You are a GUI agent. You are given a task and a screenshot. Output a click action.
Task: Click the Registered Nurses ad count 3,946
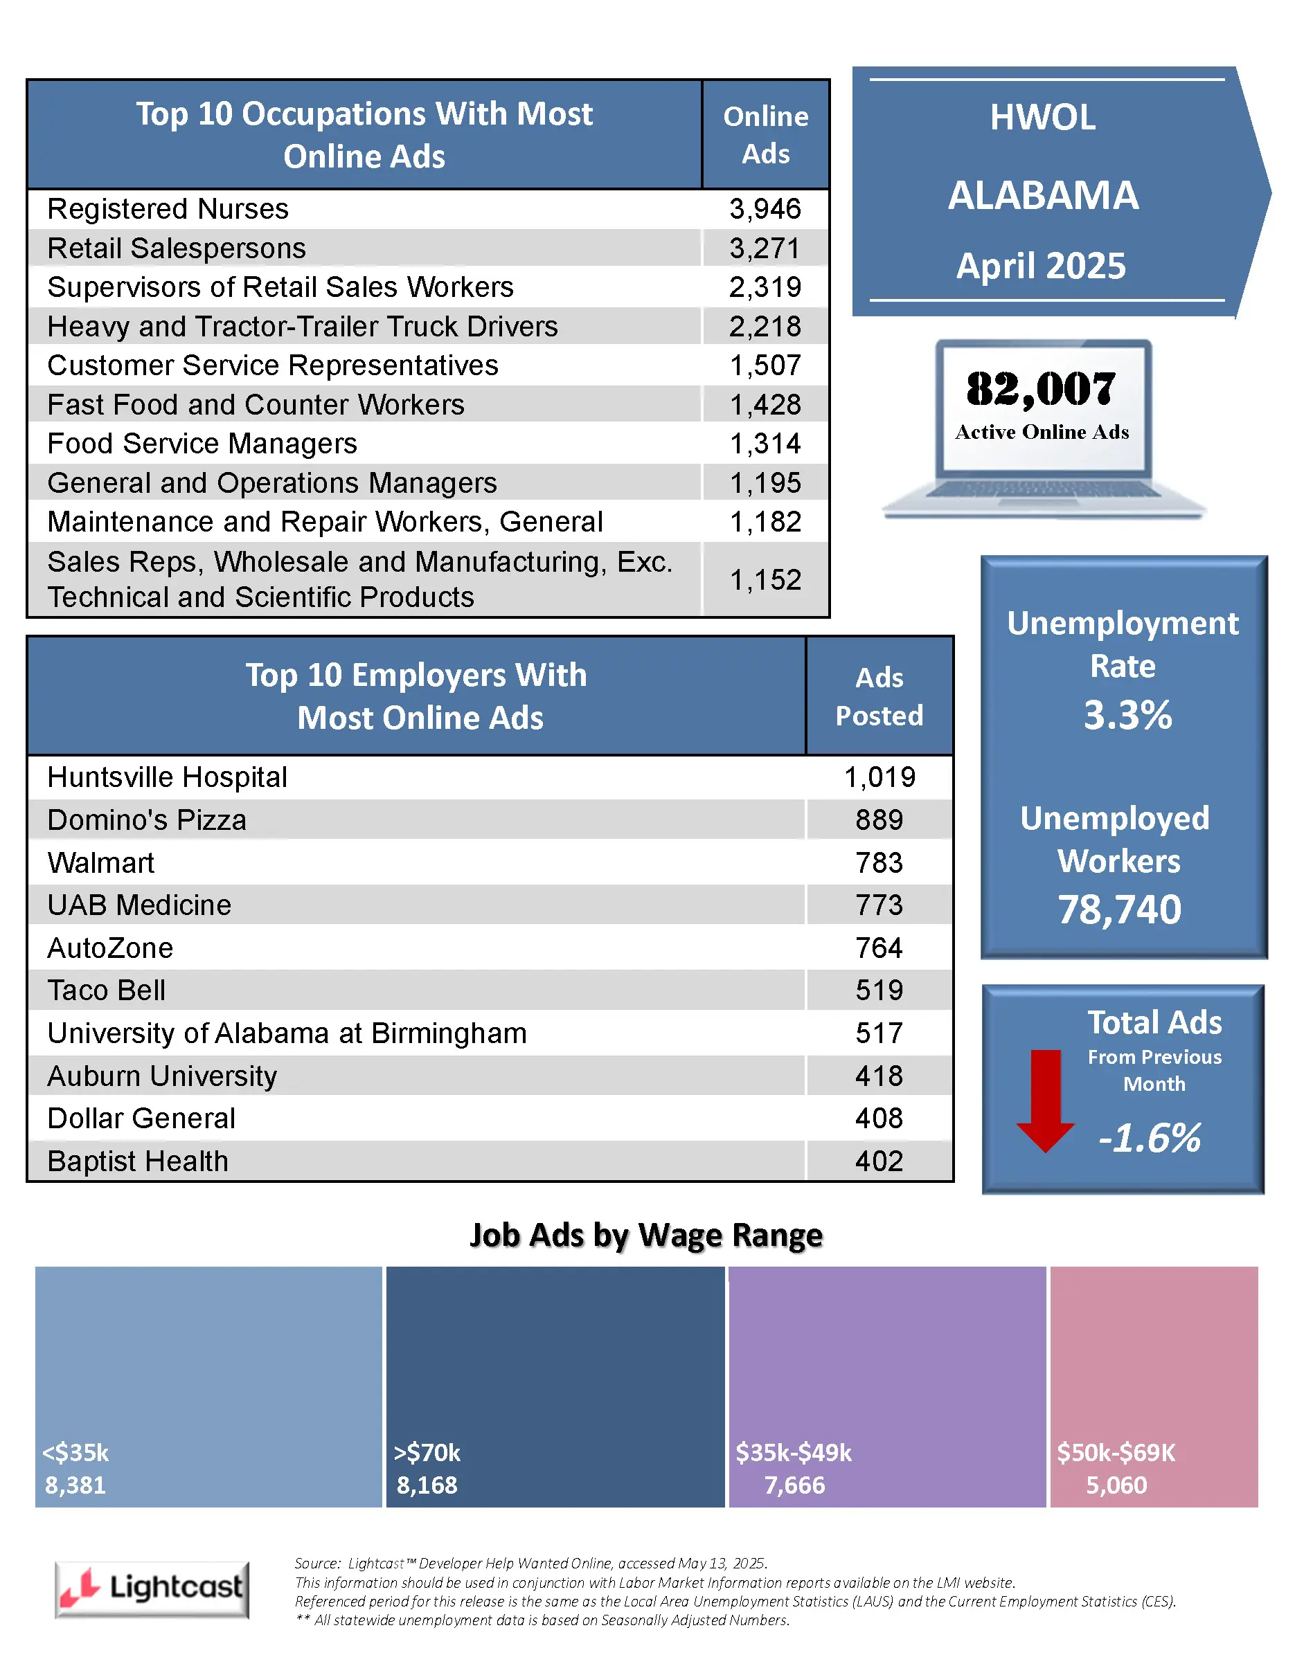[764, 208]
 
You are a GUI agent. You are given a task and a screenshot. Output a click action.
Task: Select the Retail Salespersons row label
[177, 248]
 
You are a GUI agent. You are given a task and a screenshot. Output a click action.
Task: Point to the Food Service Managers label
[202, 443]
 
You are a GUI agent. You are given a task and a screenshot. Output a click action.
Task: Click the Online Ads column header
[765, 135]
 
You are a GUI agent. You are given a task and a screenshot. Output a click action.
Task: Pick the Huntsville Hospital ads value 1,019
[879, 777]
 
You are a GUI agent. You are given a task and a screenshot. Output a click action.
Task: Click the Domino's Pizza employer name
[147, 820]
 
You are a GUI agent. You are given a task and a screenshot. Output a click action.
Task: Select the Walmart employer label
[100, 863]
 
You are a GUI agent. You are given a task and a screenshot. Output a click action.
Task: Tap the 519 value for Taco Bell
[879, 990]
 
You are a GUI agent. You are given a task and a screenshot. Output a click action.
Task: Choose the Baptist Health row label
[138, 1161]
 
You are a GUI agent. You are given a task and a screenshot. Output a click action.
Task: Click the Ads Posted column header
[879, 696]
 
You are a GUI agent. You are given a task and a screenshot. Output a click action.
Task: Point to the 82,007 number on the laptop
[1040, 390]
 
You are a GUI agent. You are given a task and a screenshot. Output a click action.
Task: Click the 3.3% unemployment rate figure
[1127, 715]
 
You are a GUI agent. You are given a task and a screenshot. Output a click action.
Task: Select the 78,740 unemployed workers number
[1119, 909]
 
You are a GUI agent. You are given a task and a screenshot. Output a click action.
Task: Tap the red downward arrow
[1045, 1100]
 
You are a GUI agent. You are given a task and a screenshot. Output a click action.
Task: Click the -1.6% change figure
[1150, 1137]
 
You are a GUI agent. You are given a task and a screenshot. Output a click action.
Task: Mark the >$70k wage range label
[427, 1453]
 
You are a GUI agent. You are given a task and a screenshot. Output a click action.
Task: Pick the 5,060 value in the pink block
[1116, 1485]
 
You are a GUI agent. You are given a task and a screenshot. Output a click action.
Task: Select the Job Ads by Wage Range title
[646, 1235]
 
